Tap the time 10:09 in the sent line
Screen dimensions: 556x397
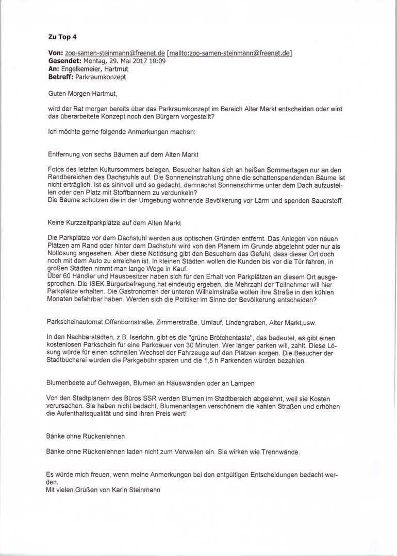pyautogui.click(x=157, y=61)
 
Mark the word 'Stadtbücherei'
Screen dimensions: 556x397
pyautogui.click(x=67, y=361)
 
